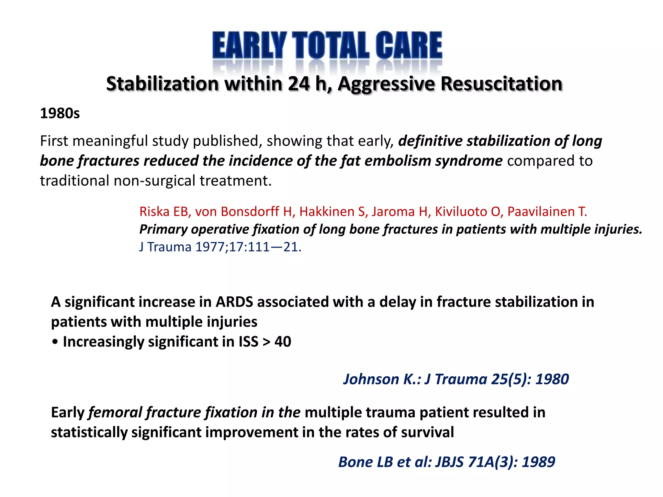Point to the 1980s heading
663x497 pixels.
[60, 114]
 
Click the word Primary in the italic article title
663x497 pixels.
[163, 229]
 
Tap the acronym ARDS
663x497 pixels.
[234, 302]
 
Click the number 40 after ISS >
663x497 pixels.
[283, 342]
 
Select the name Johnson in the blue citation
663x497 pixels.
[371, 379]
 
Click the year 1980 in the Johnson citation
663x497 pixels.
[552, 379]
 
